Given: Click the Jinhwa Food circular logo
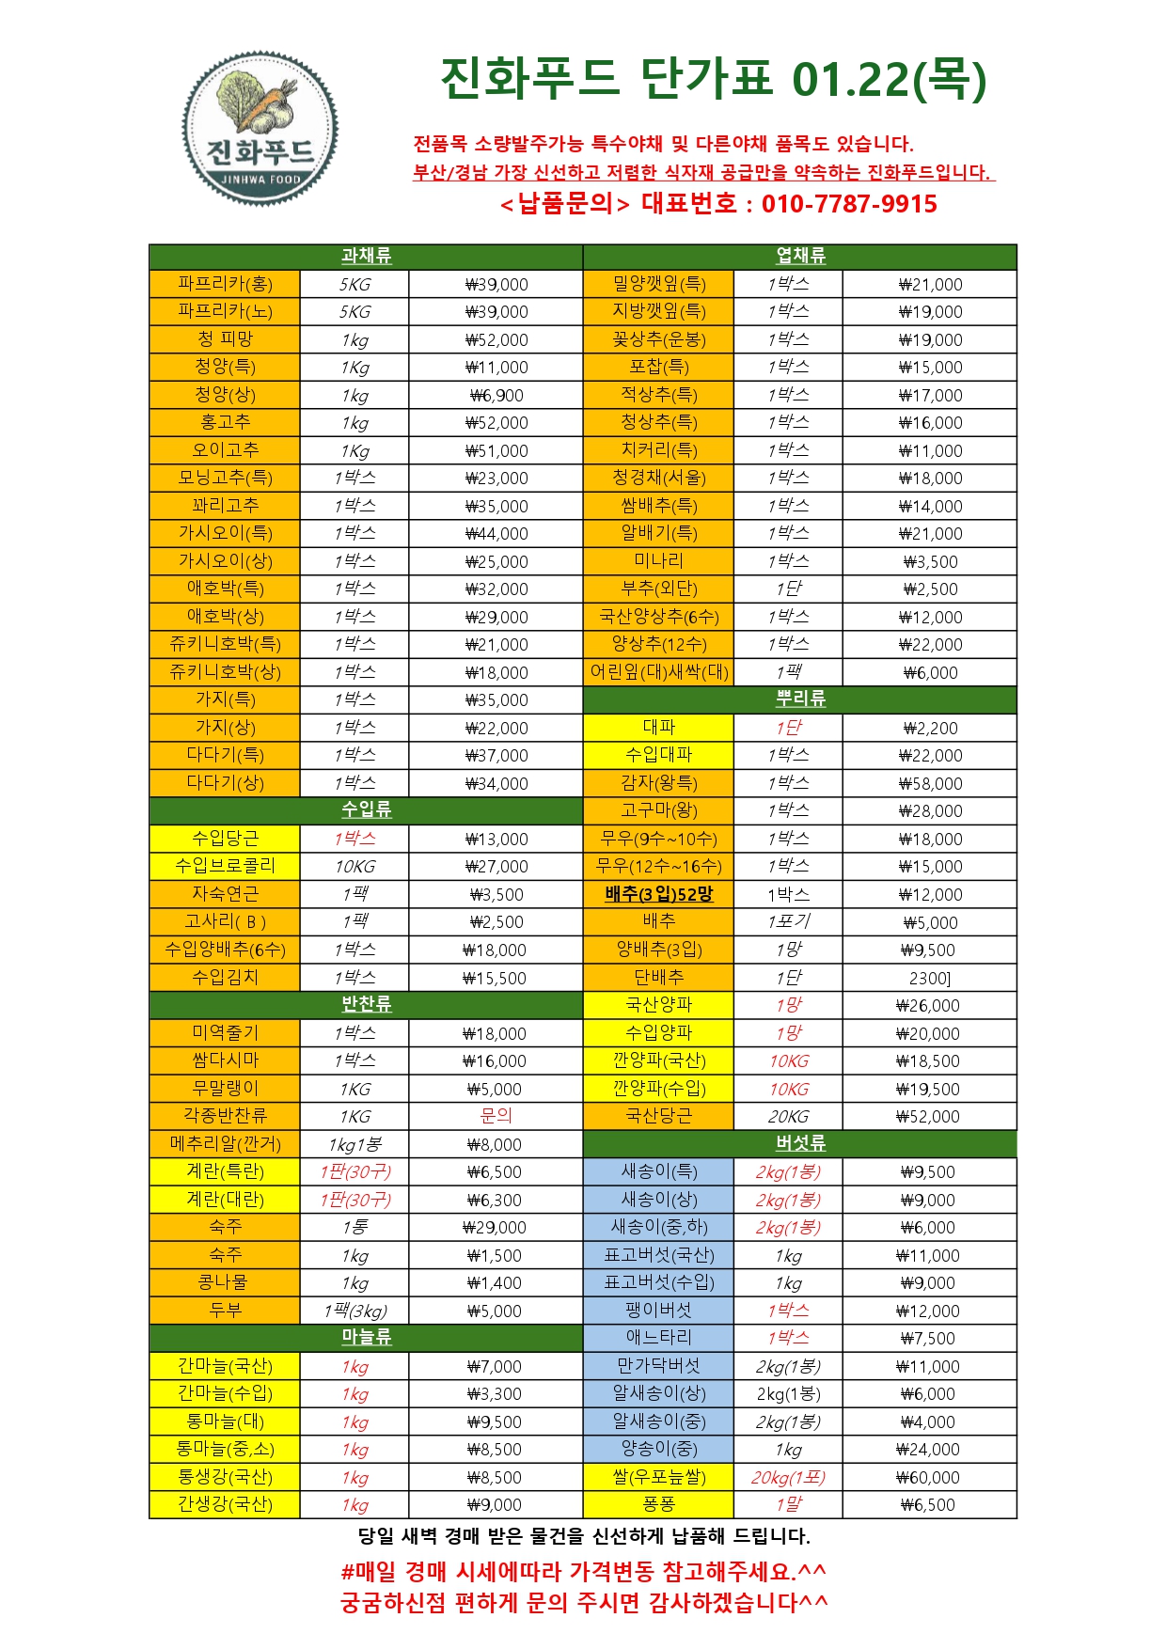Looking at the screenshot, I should coord(260,129).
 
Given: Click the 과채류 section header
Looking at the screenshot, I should coord(366,257).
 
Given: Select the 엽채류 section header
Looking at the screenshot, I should coord(800,257).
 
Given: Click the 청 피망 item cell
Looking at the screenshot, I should coord(225,339).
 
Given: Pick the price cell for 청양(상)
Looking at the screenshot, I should coord(496,396).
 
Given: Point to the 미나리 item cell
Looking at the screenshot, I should coord(658,561).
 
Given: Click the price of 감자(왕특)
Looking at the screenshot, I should coord(929,783).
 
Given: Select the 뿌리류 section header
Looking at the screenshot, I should coord(800,699).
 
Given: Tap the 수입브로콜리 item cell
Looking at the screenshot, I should coord(225,866).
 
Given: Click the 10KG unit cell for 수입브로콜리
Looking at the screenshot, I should coord(355,867).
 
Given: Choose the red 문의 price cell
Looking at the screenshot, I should coord(496,1116).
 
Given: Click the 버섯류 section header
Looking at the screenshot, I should coord(800,1143).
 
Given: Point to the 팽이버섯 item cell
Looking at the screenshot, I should coord(658,1311).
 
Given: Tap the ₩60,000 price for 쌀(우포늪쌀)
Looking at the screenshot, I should coord(928,1477).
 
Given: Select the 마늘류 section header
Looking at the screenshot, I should coord(366,1338).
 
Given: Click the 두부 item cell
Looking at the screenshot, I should coord(225,1311).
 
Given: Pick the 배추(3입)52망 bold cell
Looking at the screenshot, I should coord(658,894).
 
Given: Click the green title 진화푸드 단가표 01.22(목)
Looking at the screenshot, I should coord(713,79).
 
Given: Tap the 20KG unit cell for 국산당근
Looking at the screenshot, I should coord(788,1117).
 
